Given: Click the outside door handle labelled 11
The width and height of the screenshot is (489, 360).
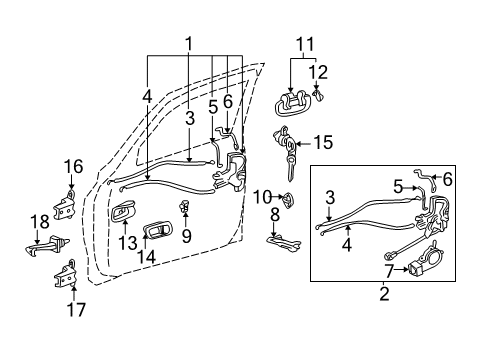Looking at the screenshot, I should (291, 106).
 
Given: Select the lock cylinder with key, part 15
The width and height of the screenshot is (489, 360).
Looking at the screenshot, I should (289, 152).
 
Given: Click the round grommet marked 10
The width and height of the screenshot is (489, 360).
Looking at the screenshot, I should (286, 199).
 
